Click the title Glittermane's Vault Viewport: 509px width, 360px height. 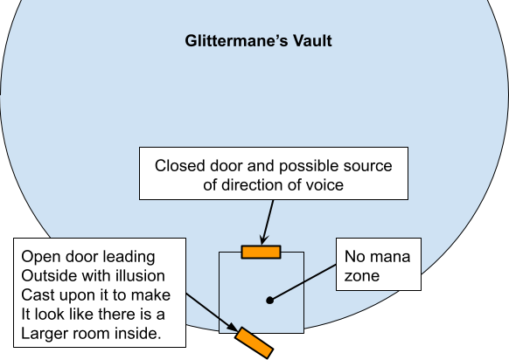pos(258,41)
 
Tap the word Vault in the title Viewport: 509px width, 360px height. pos(312,41)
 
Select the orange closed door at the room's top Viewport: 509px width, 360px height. pos(261,252)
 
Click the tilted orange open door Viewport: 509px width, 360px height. pos(254,343)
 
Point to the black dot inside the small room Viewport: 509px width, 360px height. pos(269,301)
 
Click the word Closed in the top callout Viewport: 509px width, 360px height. pos(180,166)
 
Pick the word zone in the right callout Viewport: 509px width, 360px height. pos(362,276)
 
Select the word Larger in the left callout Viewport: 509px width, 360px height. pos(45,334)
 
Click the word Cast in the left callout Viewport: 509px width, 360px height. pos(33,295)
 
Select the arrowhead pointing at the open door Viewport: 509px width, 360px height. pos(233,327)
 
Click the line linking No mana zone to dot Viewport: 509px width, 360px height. pos(303,282)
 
